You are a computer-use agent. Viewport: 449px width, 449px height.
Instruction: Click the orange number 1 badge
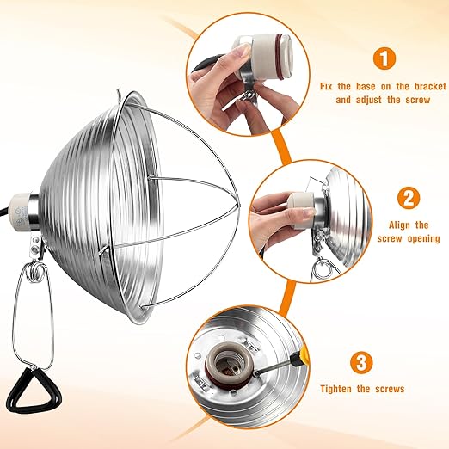coord(384,58)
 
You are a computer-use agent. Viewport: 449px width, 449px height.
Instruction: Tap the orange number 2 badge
coord(409,198)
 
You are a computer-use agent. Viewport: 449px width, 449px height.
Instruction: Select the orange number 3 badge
coord(361,362)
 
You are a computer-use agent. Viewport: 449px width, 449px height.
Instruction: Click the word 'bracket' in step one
coord(430,86)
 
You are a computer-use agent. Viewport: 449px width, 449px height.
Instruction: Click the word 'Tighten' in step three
coord(335,389)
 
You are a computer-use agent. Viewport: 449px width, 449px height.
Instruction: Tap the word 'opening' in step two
coord(424,238)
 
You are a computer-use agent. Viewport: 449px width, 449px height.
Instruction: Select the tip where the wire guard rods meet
coord(238,205)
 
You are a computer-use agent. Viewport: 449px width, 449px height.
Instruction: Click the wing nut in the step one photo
coord(248,95)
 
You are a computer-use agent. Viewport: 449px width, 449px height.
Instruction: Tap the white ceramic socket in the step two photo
coord(301,211)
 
